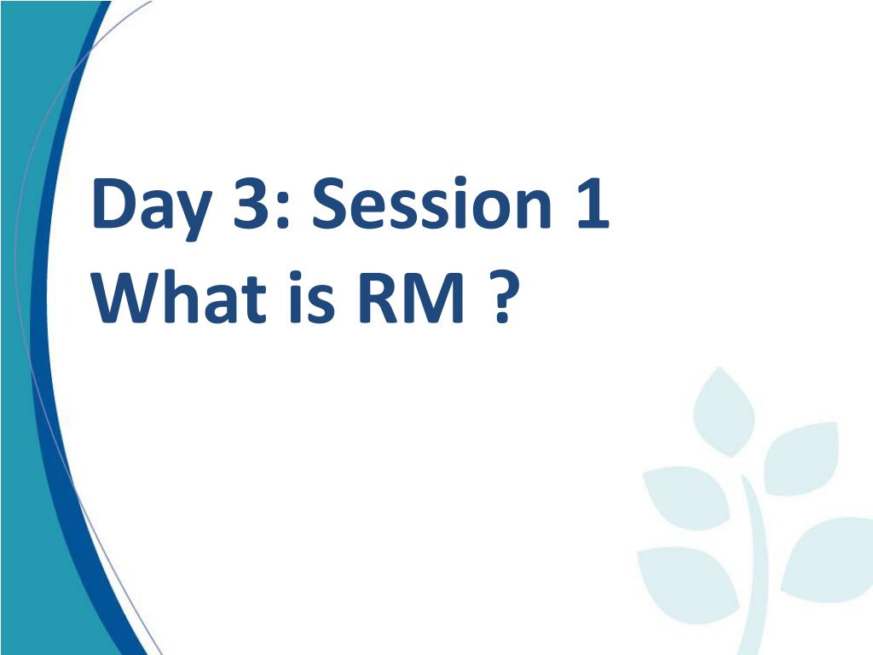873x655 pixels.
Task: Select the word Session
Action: (x=431, y=206)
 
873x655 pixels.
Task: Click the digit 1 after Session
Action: (x=590, y=205)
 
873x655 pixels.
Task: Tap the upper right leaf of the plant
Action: (x=801, y=457)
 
